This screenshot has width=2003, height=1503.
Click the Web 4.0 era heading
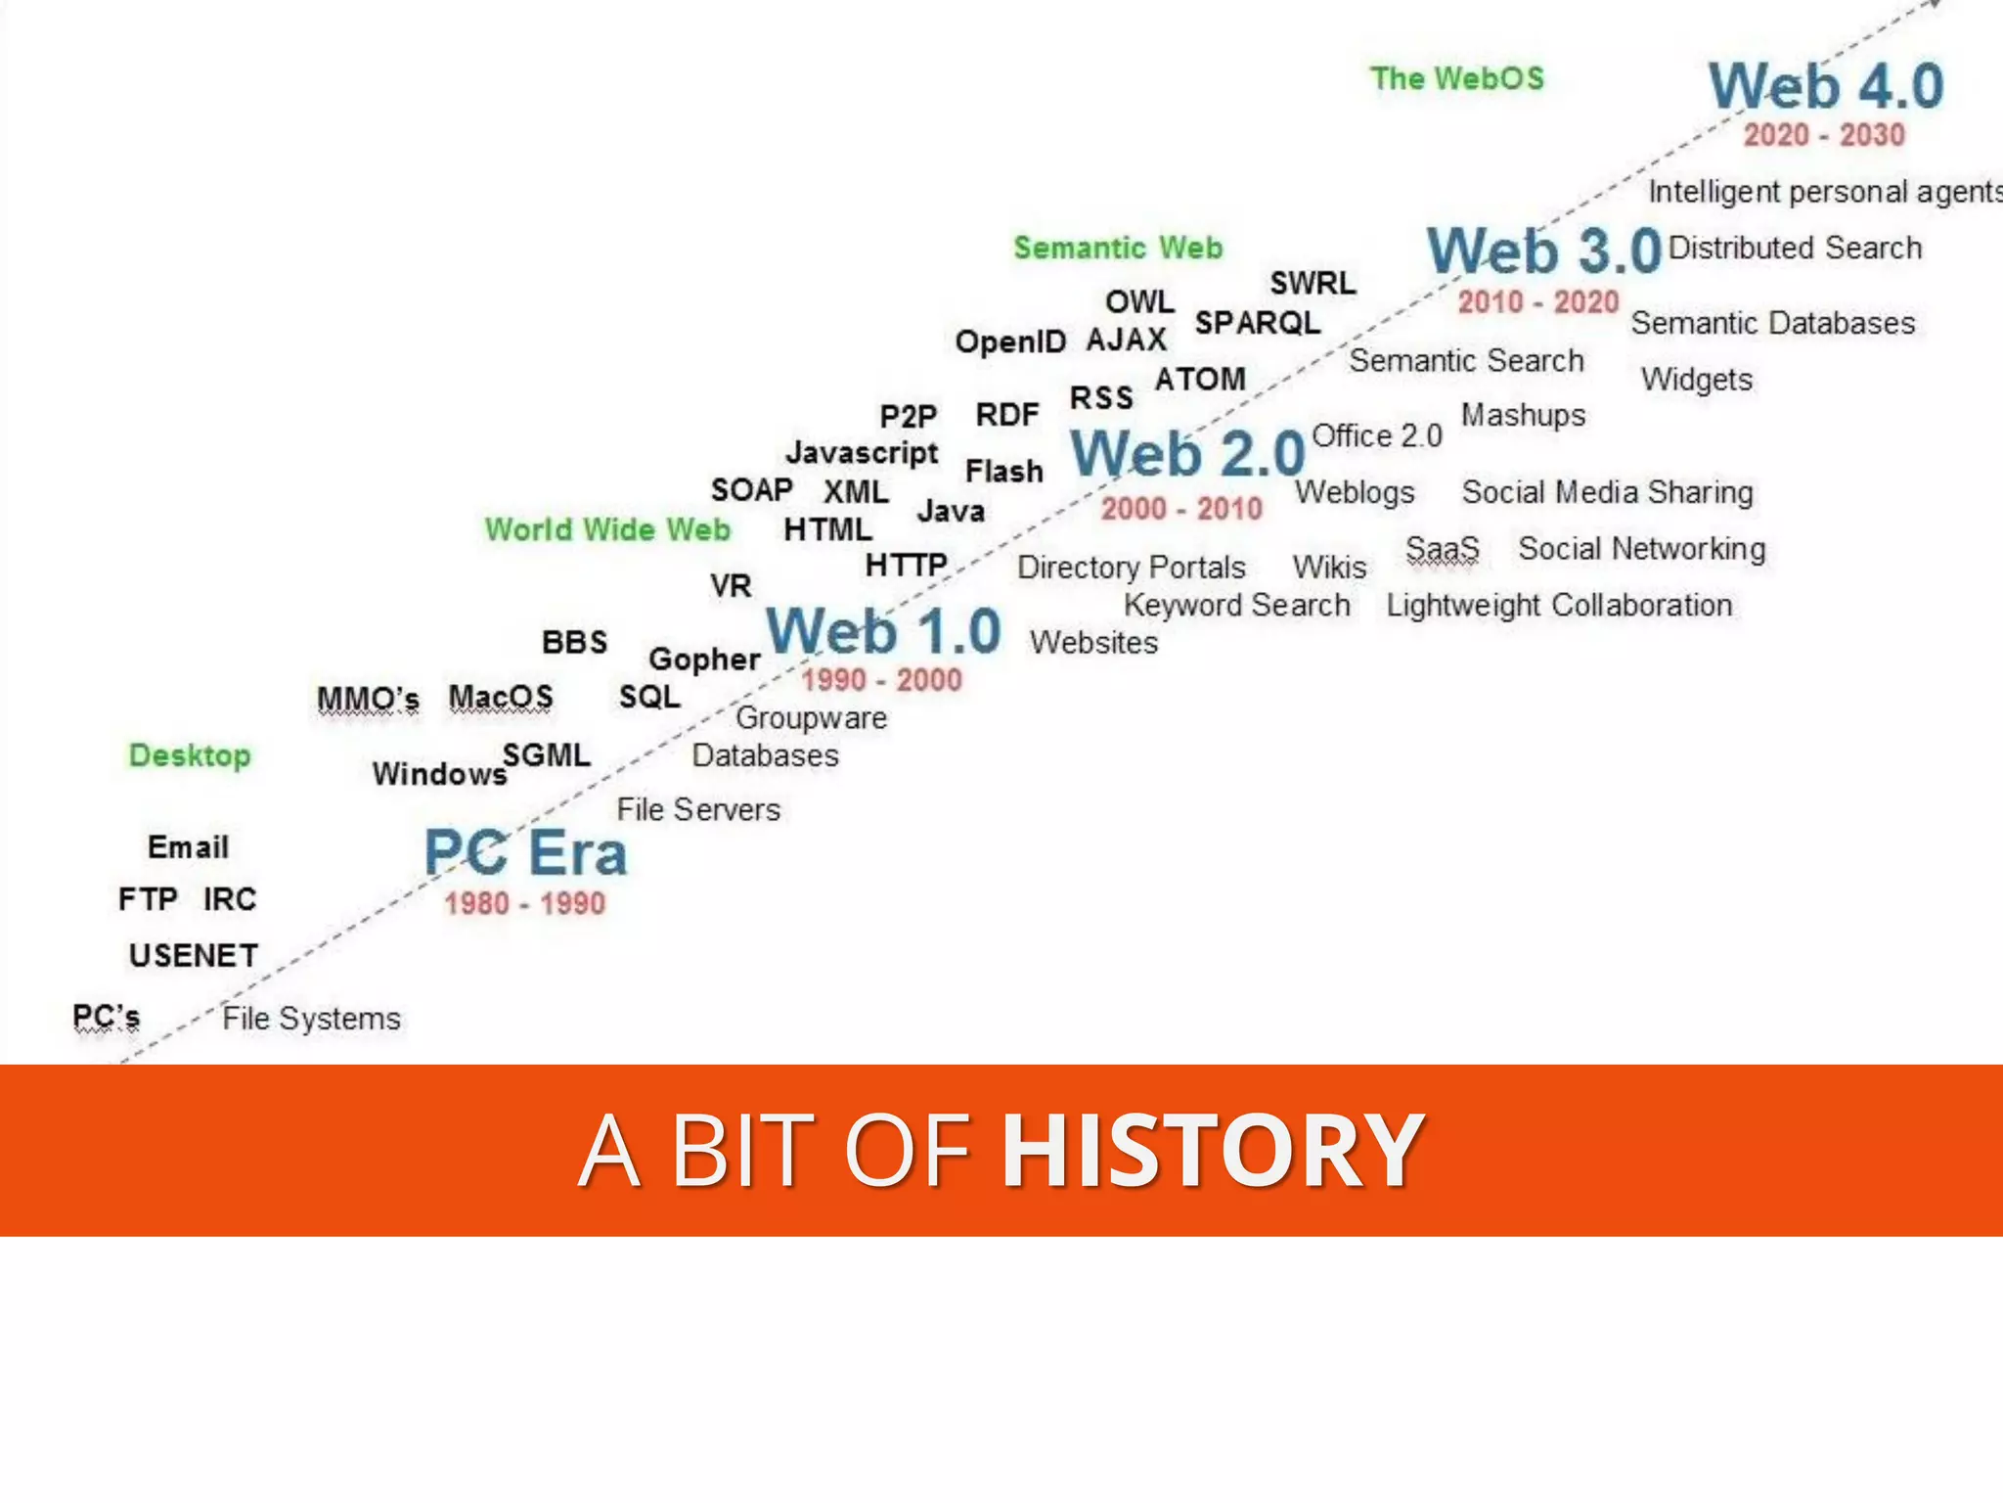coord(1825,86)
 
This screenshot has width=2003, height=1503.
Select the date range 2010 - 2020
coord(1538,301)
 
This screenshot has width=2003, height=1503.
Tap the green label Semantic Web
coord(1118,248)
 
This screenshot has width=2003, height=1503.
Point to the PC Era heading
coord(525,852)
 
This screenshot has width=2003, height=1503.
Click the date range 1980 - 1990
coord(525,903)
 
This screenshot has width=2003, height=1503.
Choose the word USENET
coord(194,955)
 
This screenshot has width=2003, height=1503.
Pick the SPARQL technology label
coord(1258,322)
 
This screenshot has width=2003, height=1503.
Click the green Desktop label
coord(190,755)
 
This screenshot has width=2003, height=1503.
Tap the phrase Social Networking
coord(1642,549)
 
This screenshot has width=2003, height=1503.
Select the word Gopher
coord(704,660)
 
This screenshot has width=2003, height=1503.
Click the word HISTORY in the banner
coord(1212,1151)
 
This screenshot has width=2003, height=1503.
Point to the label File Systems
coord(311,1019)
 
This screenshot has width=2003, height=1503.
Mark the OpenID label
coord(1010,342)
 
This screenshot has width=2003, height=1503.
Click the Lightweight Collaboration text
coord(1559,606)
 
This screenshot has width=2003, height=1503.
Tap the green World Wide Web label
coord(607,529)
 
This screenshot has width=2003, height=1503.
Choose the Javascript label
coord(862,453)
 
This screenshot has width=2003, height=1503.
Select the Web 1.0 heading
coord(883,631)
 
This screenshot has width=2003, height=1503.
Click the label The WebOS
coord(1457,78)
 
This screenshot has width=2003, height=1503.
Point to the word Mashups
coord(1523,416)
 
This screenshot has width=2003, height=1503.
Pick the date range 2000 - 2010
coord(1181,509)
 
